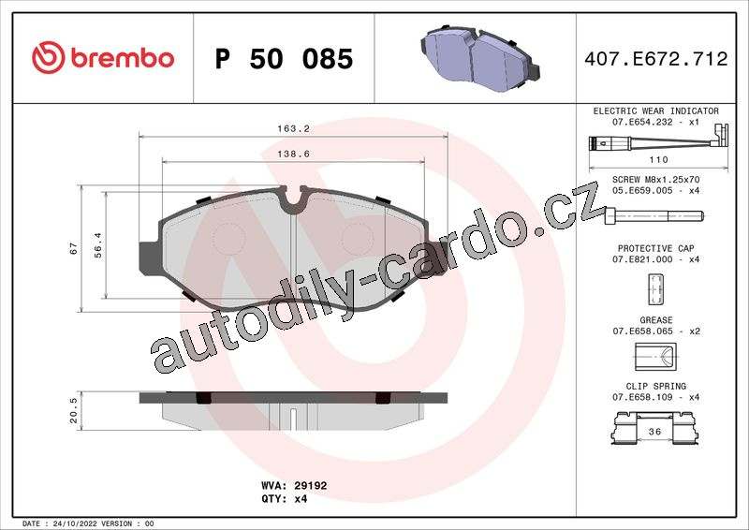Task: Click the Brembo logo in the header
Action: pos(103,57)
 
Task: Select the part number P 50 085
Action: pos(284,59)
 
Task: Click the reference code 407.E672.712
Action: pos(656,59)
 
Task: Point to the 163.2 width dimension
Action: pos(293,128)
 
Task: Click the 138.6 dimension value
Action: pos(293,154)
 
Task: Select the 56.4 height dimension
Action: pos(98,245)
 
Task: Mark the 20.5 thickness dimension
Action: pos(73,410)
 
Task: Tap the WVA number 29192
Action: pos(311,486)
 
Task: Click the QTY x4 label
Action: pos(285,499)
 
